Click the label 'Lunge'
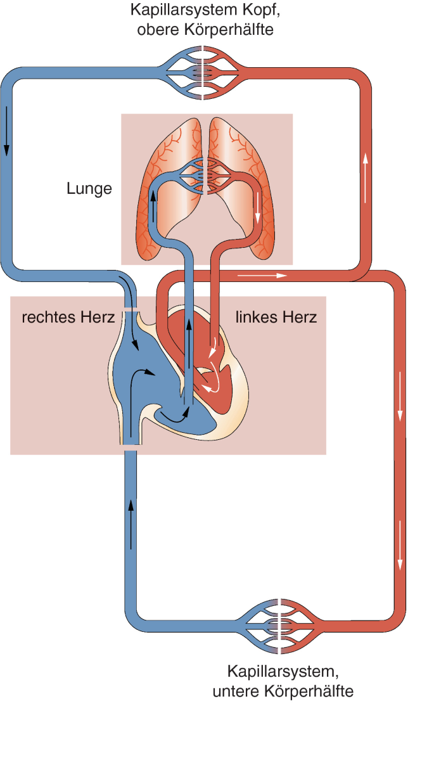[x=89, y=188]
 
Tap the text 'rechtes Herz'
[x=68, y=317]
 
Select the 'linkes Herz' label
[x=276, y=317]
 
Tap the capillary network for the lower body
[x=279, y=626]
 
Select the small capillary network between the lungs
[x=202, y=176]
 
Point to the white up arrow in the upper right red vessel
[x=366, y=177]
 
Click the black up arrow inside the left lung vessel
[x=153, y=206]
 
